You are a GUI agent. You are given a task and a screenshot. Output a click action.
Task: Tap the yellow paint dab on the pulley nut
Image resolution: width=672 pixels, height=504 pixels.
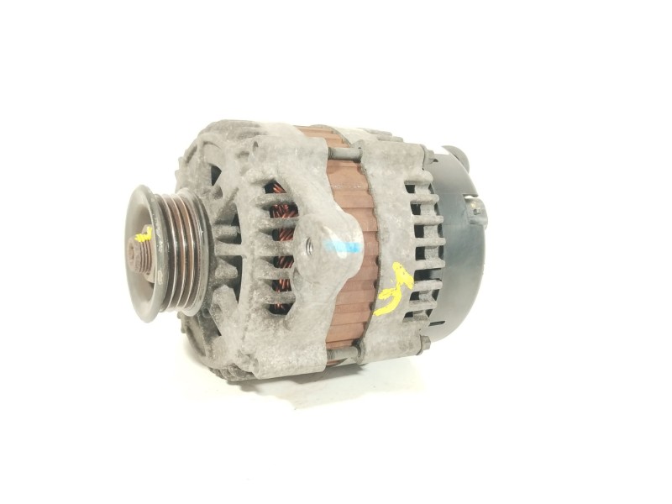[144, 235]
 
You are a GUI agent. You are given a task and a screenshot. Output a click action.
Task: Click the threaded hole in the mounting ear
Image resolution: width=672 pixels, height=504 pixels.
[309, 245]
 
